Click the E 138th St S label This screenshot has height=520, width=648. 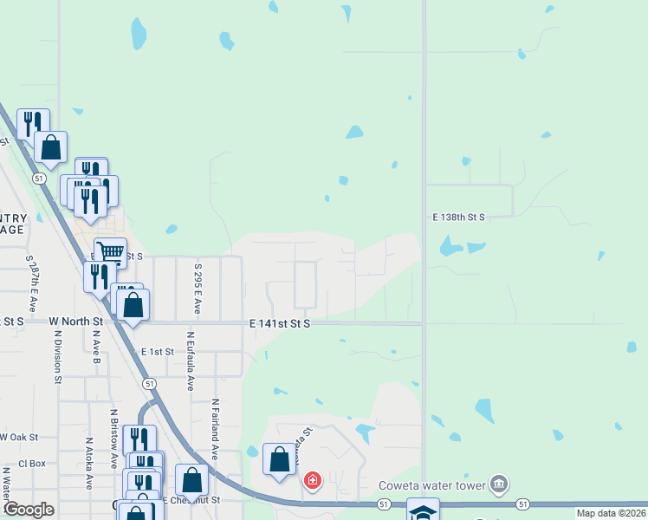[x=459, y=218]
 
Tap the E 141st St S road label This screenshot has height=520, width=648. [x=280, y=323]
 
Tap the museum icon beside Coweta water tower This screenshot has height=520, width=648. [x=499, y=484]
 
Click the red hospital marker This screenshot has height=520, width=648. [x=312, y=480]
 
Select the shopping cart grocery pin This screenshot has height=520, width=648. [x=110, y=252]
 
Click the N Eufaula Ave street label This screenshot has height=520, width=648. [x=190, y=361]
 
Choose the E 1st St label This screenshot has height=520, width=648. [x=158, y=352]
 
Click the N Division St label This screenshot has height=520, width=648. [x=57, y=356]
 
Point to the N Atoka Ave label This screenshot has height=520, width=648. [x=89, y=464]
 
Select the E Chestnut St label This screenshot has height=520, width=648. [x=195, y=500]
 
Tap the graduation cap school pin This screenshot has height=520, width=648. [x=423, y=511]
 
